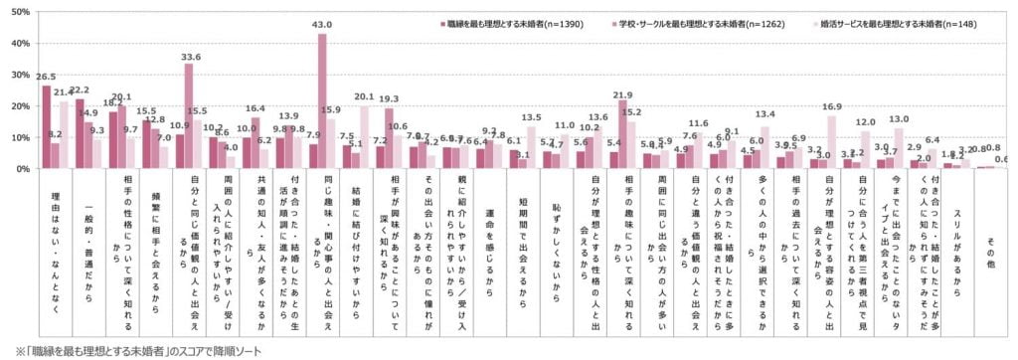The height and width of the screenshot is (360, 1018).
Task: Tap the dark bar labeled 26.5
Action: tap(46, 127)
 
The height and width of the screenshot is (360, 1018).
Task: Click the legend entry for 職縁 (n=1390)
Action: tap(513, 22)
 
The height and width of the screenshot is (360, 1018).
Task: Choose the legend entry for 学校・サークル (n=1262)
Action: tap(709, 22)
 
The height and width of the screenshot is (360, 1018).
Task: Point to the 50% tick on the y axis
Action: tap(18, 13)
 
